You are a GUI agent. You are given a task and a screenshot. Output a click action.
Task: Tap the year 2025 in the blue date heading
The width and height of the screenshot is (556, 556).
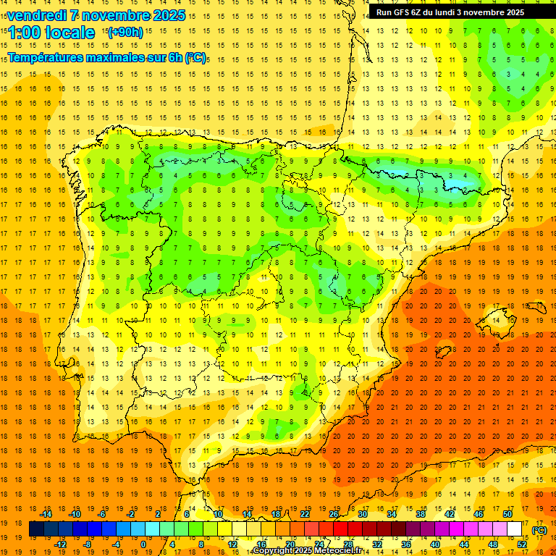(169, 15)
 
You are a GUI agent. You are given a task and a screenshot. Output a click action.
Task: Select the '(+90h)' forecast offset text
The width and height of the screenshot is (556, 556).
(125, 32)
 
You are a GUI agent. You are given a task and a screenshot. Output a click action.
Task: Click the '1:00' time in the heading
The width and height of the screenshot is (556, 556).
(24, 33)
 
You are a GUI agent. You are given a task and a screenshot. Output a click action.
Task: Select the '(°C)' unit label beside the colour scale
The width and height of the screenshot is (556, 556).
(539, 530)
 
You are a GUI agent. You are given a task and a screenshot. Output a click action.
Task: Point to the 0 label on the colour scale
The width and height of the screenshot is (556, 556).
(143, 544)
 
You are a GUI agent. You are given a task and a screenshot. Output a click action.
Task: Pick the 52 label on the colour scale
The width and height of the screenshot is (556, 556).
(522, 544)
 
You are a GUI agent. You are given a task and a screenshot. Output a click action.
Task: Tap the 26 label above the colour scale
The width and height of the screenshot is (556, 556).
(333, 514)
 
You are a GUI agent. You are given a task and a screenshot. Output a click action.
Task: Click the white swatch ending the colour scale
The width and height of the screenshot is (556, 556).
(515, 529)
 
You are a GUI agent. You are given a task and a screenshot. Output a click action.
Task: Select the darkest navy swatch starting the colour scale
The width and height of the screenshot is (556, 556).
(37, 529)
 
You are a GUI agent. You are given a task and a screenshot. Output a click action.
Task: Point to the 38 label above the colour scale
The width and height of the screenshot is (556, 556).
(420, 514)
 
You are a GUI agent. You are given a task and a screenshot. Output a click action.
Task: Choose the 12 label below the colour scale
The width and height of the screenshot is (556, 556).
(232, 544)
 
